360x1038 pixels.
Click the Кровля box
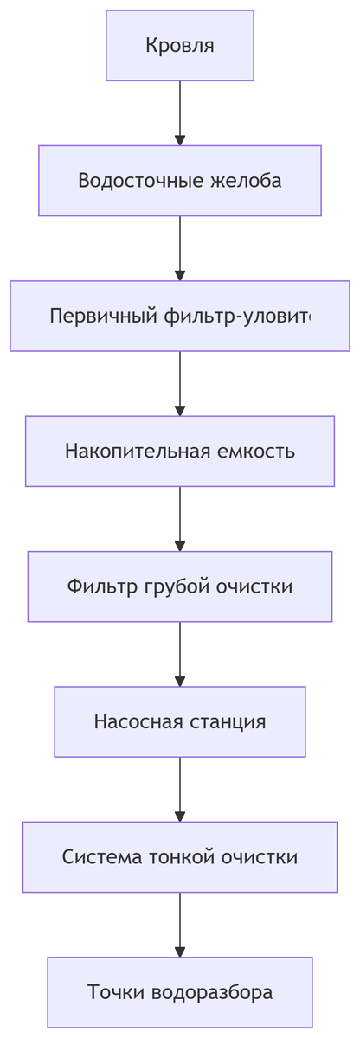pos(180,46)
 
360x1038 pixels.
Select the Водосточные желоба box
pos(180,181)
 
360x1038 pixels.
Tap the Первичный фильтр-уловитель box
pos(180,316)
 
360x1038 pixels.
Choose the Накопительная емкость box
pos(180,452)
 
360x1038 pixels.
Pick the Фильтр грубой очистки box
pos(180,586)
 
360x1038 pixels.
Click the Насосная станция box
pos(180,721)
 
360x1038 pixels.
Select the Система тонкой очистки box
pos(180,856)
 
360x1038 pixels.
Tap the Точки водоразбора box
pos(180,991)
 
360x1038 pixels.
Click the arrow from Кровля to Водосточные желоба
pos(180,113)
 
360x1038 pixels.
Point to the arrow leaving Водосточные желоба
pos(180,248)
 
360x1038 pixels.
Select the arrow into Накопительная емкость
pos(180,383)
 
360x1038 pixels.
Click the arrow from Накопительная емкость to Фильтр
pos(180,519)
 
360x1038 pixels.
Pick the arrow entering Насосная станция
pos(180,654)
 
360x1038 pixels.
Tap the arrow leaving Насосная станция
pos(180,789)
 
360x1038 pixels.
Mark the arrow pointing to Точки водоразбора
pos(180,924)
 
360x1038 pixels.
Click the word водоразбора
pos(212,991)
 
